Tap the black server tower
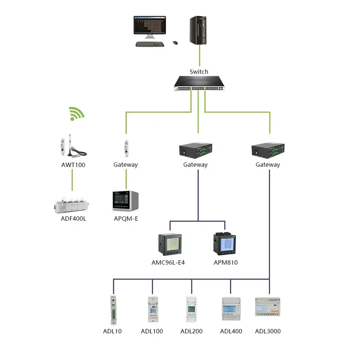[199, 30]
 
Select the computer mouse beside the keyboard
[175, 42]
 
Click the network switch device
[199, 83]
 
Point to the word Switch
[199, 72]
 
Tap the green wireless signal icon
[76, 113]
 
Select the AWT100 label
[73, 165]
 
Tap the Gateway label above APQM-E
[125, 165]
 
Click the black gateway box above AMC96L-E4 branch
[196, 150]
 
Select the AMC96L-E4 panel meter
[170, 244]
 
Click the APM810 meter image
[225, 244]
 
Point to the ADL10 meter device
[112, 310]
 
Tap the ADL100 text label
[152, 331]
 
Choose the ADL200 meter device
[191, 309]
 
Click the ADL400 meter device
[231, 308]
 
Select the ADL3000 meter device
[268, 308]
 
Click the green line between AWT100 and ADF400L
[72, 180]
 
